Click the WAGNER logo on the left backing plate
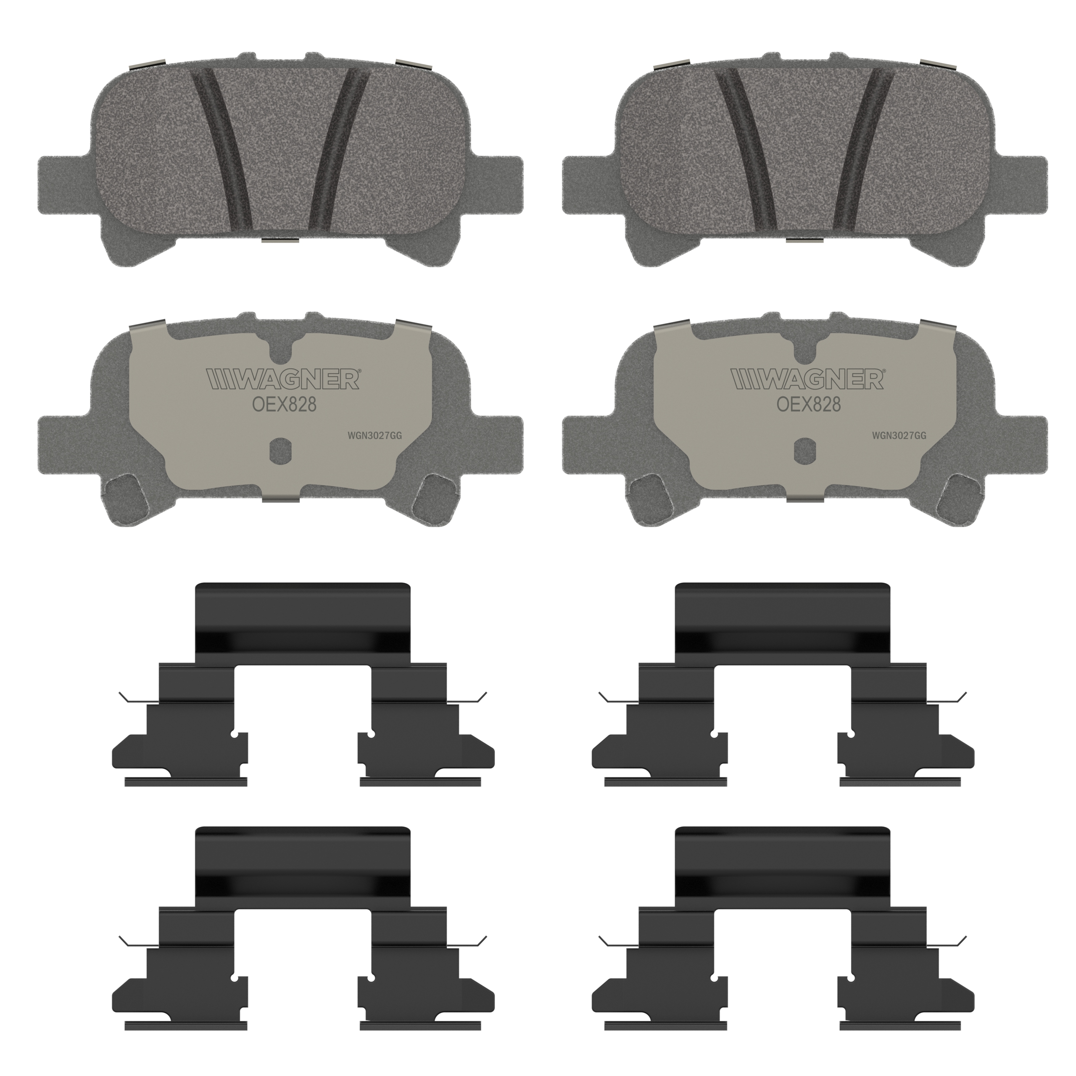[283, 379]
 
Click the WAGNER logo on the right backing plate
[807, 379]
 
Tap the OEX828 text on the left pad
[285, 404]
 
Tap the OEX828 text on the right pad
[809, 404]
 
